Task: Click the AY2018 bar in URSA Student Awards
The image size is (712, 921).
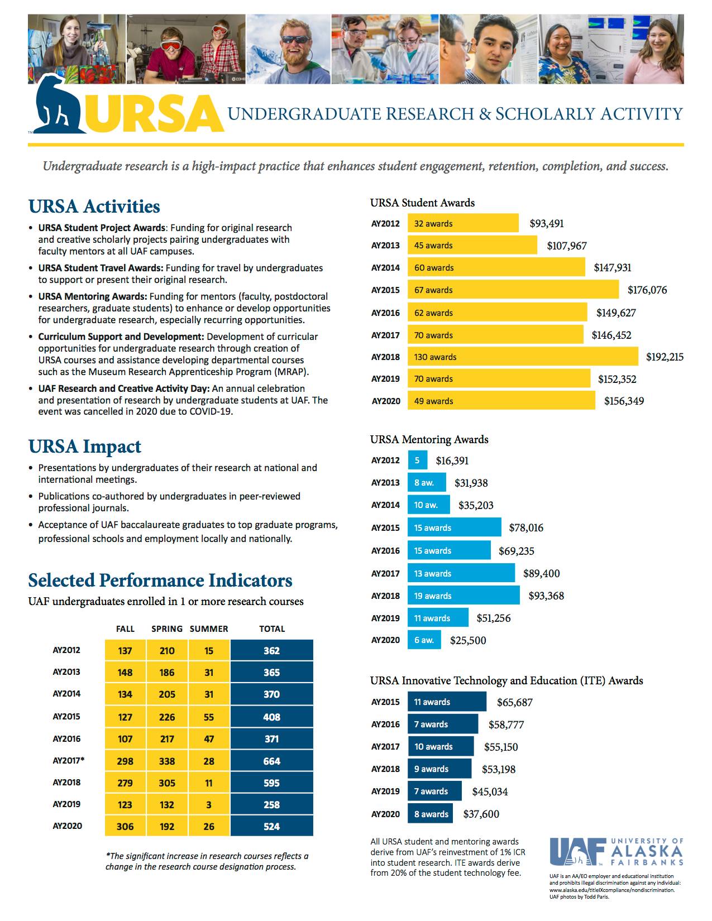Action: tap(522, 357)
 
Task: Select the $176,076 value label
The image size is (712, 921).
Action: tap(647, 290)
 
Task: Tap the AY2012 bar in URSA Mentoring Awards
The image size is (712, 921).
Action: tap(417, 461)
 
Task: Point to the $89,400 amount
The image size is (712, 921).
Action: tap(541, 573)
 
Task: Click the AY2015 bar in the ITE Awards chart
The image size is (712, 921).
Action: tap(447, 702)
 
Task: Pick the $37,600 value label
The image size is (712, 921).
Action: tap(481, 814)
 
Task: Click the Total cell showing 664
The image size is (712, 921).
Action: tap(271, 761)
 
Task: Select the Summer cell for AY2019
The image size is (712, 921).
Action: tap(209, 805)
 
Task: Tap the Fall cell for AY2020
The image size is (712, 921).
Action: tap(125, 827)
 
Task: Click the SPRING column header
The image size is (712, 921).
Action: tap(167, 629)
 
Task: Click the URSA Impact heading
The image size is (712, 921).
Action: tap(85, 447)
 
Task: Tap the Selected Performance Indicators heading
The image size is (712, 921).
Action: tap(160, 581)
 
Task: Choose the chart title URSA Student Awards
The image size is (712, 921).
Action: tap(422, 203)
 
